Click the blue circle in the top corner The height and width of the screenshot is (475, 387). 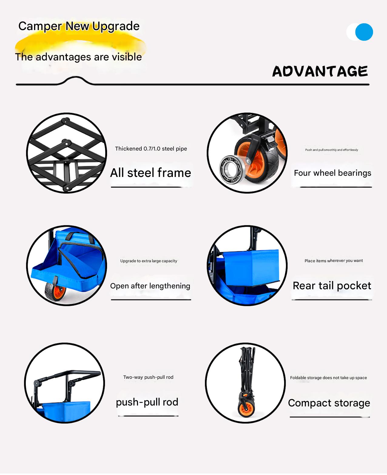[x=364, y=32]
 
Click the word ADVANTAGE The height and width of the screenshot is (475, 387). [x=320, y=71]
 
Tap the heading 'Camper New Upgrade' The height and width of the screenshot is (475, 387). [x=79, y=26]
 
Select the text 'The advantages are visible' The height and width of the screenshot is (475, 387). [x=78, y=57]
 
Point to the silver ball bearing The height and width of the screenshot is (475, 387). [x=232, y=169]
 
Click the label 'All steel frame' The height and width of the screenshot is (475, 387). [x=150, y=173]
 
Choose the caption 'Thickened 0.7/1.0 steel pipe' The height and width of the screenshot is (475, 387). [x=151, y=149]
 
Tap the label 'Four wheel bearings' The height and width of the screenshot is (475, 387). [x=332, y=173]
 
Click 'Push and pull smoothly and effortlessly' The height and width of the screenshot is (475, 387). [x=331, y=150]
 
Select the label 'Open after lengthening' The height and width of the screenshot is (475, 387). [x=150, y=286]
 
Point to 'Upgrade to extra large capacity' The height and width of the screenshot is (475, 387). [x=149, y=261]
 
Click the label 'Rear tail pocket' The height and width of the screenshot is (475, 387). [x=332, y=286]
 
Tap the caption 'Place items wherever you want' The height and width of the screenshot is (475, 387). [x=334, y=261]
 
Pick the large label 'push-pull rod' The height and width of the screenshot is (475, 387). [x=147, y=402]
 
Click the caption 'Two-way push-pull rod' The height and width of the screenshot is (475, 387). [x=148, y=377]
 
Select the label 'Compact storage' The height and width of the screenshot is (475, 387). [x=329, y=403]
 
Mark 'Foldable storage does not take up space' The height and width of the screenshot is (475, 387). [x=328, y=378]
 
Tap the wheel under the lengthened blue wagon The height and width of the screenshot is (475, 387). [x=56, y=291]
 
